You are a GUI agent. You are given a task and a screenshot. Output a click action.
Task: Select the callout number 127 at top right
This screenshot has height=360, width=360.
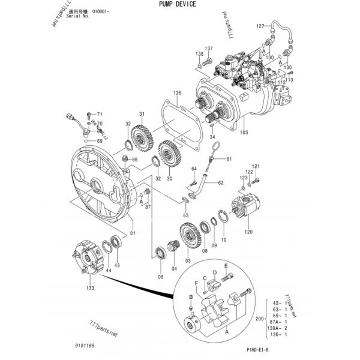coord(260,26)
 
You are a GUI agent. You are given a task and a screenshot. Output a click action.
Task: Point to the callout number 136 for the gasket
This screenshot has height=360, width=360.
coord(177,94)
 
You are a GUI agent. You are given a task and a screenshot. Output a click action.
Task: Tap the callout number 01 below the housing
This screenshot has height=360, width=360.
coord(132,233)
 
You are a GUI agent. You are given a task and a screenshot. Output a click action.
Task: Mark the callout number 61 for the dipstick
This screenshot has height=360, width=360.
coord(229,159)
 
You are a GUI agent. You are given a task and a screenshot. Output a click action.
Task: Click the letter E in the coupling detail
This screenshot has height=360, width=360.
coord(226,266)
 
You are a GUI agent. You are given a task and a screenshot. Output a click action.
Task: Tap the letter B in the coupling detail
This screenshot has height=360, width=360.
coord(191,296)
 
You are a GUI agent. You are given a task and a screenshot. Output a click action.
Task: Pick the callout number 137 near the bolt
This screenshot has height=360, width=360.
coord(208,49)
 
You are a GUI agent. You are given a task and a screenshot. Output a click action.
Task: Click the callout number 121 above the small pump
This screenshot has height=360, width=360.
coord(256,166)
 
